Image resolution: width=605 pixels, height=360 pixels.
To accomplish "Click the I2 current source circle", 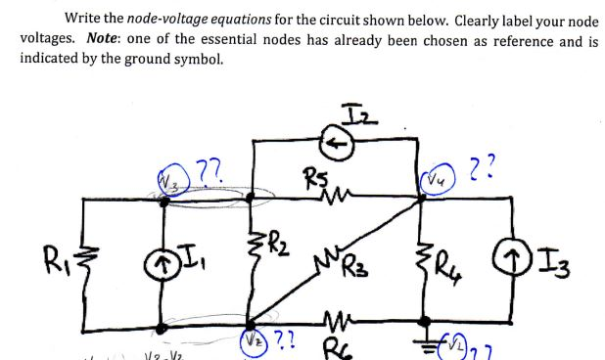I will (339, 140).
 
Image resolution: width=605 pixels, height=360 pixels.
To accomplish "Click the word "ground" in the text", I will (173, 58).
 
